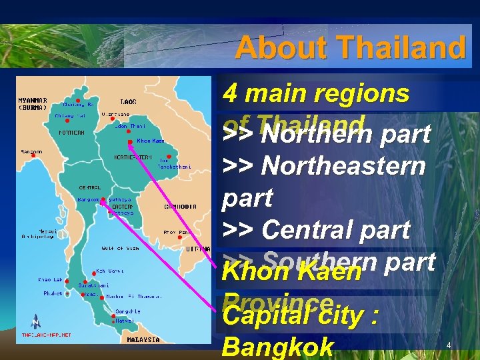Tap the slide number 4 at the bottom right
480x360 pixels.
[449, 345]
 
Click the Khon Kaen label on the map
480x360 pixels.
[150, 141]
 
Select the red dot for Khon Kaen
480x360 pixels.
[130, 141]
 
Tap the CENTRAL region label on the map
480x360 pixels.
[90, 187]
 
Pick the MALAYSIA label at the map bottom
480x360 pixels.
[143, 339]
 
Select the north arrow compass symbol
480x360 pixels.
[34, 322]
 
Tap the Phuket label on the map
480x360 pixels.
[53, 293]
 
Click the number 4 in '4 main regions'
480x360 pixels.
[231, 93]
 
